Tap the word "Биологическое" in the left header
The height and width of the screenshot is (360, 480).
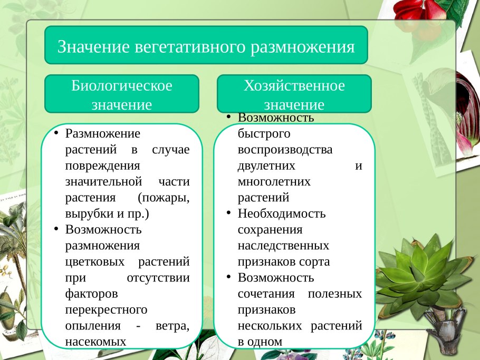(x=122, y=85)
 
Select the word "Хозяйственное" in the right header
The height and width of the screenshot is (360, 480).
(x=294, y=85)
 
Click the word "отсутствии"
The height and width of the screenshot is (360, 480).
(x=159, y=277)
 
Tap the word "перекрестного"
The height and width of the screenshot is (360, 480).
(x=106, y=309)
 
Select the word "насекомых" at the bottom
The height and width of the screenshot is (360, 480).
(x=95, y=341)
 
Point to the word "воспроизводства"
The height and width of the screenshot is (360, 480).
(x=285, y=149)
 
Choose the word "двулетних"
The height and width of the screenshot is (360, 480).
(x=266, y=166)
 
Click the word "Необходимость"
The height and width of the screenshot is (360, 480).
(x=282, y=213)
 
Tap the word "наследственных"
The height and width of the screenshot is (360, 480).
(x=283, y=246)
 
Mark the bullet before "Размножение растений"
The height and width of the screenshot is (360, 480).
(x=56, y=133)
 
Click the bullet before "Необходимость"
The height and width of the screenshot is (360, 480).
(x=228, y=213)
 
